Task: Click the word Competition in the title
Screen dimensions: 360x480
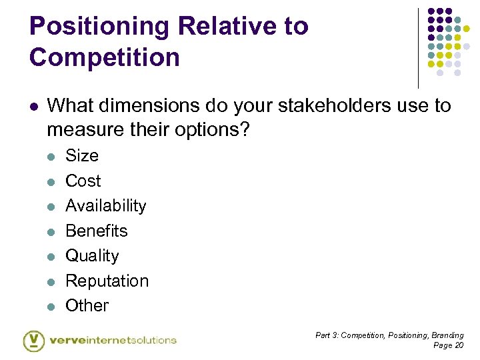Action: coord(105,57)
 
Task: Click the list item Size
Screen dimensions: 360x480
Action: coord(81,155)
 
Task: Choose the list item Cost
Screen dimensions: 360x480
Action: coord(83,181)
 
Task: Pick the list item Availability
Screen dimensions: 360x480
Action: coord(105,205)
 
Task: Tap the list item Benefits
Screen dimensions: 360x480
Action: coord(96,231)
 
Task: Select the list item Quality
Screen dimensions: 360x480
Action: coord(92,255)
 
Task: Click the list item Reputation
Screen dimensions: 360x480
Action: coord(107,281)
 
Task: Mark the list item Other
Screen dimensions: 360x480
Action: coord(87,305)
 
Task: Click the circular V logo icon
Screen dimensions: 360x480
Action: coord(34,340)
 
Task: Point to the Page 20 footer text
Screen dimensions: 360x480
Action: coord(448,345)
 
